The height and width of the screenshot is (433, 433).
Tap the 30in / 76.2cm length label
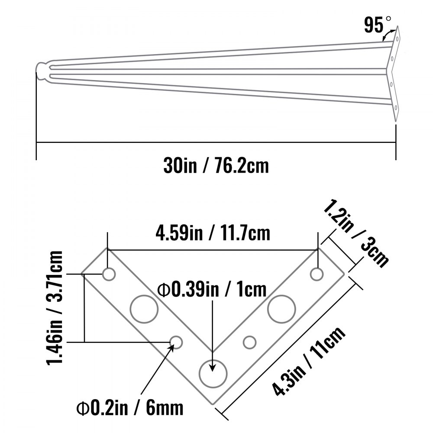tap(216, 166)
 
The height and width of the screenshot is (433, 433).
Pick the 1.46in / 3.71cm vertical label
tap(55, 307)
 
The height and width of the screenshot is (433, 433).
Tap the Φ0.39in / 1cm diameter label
tap(212, 289)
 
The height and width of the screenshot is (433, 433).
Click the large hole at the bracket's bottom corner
tap(213, 372)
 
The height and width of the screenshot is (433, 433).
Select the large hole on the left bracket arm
tap(143, 309)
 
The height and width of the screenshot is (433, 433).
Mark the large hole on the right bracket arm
tap(281, 309)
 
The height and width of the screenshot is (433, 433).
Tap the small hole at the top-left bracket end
tap(108, 274)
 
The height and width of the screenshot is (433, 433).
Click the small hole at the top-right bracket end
tap(317, 274)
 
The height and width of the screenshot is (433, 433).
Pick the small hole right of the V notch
tap(249, 342)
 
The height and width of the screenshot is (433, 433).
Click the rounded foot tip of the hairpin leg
tap(42, 72)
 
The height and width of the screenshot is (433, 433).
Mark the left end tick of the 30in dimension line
tap(36, 143)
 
